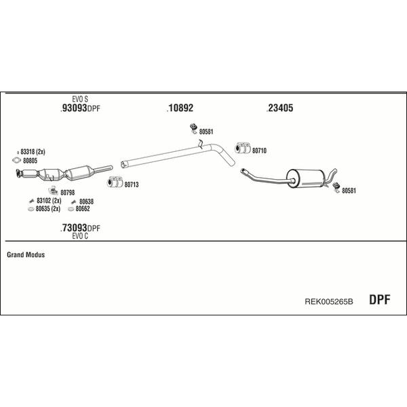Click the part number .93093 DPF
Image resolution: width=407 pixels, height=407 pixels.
pos(80,109)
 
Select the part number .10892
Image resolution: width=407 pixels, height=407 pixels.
pos(180,108)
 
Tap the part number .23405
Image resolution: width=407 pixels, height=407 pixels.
pos(279,108)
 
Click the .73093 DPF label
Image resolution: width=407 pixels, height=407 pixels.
pos(80,228)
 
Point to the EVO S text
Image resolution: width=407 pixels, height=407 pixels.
pos(80,99)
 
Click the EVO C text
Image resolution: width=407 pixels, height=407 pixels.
pos(80,236)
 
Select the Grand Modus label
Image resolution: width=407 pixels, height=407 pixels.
pos(26,254)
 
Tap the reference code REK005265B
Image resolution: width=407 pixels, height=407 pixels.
pos(328,301)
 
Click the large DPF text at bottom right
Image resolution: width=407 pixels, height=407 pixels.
pos(379,300)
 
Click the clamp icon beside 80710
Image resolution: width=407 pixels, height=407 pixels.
pos(243,148)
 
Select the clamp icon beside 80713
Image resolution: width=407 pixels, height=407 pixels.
pos(115,182)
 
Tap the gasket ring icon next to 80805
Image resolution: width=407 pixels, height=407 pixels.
pos(16,160)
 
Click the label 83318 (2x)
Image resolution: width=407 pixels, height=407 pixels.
pos(33,151)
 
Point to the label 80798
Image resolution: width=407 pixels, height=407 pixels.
pos(67,193)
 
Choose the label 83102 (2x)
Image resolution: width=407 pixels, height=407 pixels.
pos(49,200)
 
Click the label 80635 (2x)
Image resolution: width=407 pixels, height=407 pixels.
pos(48,208)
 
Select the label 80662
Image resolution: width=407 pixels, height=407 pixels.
pos(83,208)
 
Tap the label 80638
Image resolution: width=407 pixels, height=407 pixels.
pos(86,201)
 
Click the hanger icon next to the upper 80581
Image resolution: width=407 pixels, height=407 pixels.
pos(193,129)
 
